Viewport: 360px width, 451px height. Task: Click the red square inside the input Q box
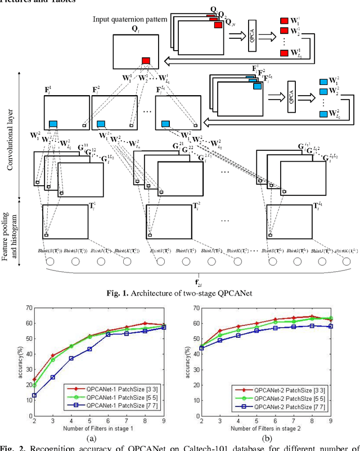click(x=146, y=61)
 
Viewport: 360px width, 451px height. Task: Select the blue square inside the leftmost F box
click(x=53, y=123)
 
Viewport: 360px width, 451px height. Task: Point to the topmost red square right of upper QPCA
click(x=284, y=21)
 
